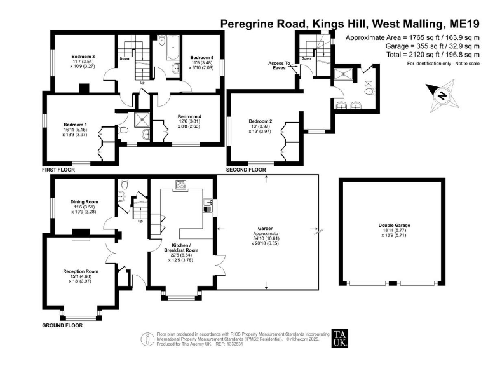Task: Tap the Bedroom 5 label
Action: click(202, 57)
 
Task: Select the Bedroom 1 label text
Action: click(76, 125)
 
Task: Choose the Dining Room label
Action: click(83, 203)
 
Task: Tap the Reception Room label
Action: click(78, 271)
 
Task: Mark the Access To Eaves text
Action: click(279, 65)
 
